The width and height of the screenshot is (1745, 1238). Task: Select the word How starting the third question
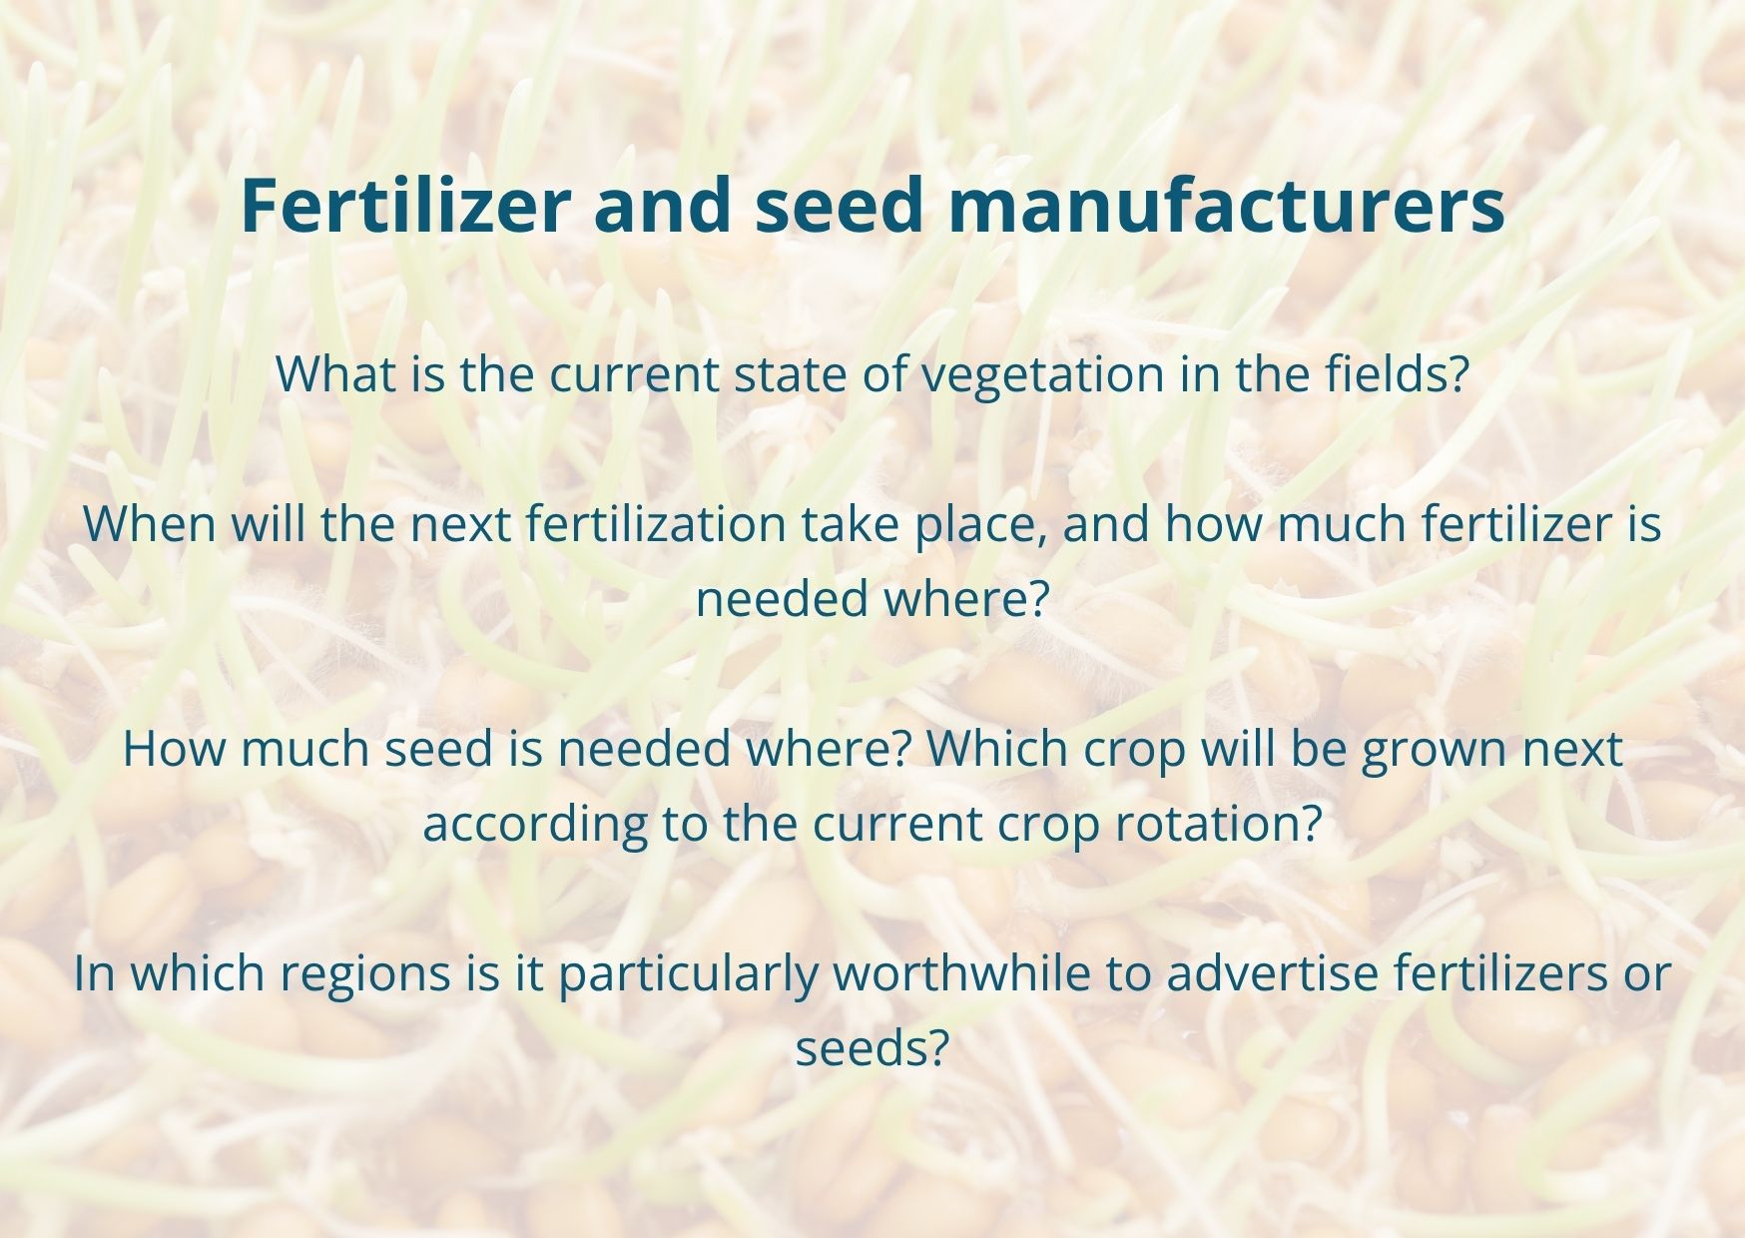coord(175,749)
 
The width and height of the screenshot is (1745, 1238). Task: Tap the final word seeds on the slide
coord(871,1048)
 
